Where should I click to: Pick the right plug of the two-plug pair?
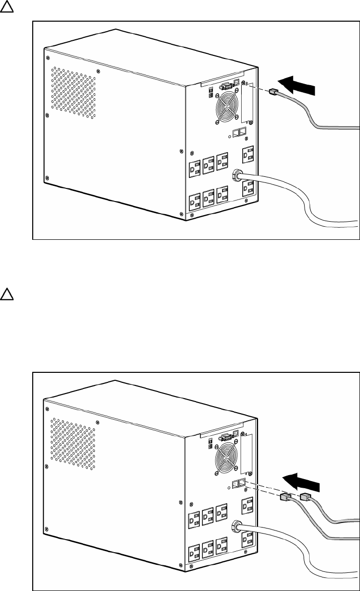(x=305, y=498)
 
